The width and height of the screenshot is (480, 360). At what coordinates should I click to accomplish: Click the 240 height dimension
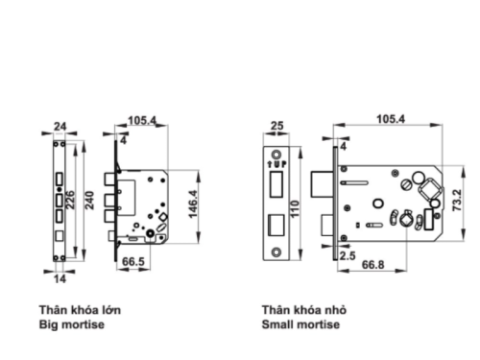coord(90,201)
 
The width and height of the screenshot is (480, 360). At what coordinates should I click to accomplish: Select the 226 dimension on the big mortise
coord(70,200)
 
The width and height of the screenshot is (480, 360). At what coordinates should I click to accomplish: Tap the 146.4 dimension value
coord(193,204)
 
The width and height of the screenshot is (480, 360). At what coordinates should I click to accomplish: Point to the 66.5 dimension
coord(133,261)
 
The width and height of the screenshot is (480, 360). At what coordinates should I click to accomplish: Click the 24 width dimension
coord(60,127)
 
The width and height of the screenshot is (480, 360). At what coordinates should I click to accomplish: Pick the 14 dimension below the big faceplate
coord(60,278)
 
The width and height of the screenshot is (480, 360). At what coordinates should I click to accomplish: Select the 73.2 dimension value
coord(457,201)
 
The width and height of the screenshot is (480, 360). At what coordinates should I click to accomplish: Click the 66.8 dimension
coord(372,265)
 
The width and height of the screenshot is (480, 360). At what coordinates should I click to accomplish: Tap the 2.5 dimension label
coord(348,255)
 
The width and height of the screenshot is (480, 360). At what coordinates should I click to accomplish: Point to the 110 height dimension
coord(295,208)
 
